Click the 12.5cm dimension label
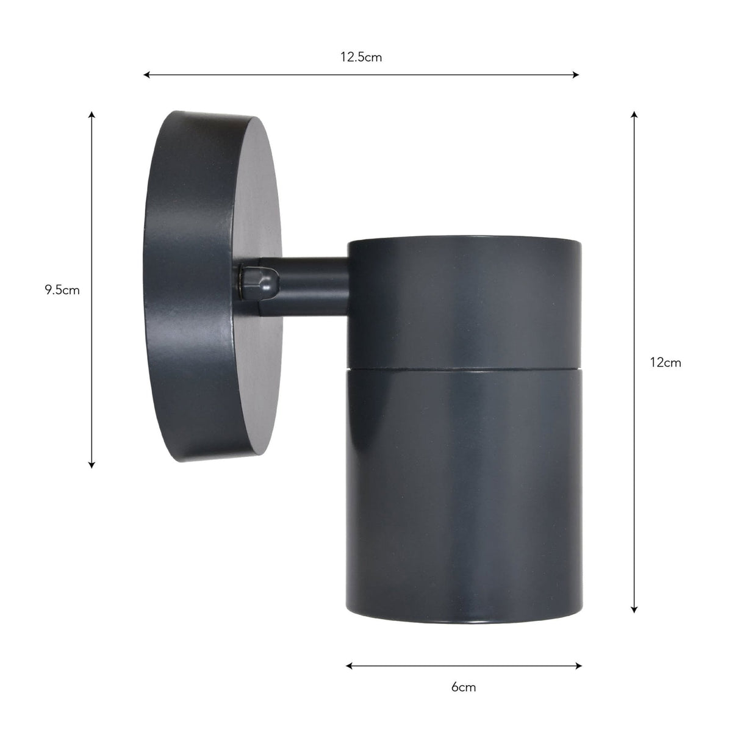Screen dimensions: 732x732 [361, 57]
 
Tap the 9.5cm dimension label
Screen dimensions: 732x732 [62, 290]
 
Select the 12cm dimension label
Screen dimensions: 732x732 [665, 362]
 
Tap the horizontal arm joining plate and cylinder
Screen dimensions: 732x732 [311, 287]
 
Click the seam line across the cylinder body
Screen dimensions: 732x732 [464, 369]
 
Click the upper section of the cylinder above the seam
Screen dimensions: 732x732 [464, 305]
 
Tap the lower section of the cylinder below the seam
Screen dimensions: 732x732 [464, 488]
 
